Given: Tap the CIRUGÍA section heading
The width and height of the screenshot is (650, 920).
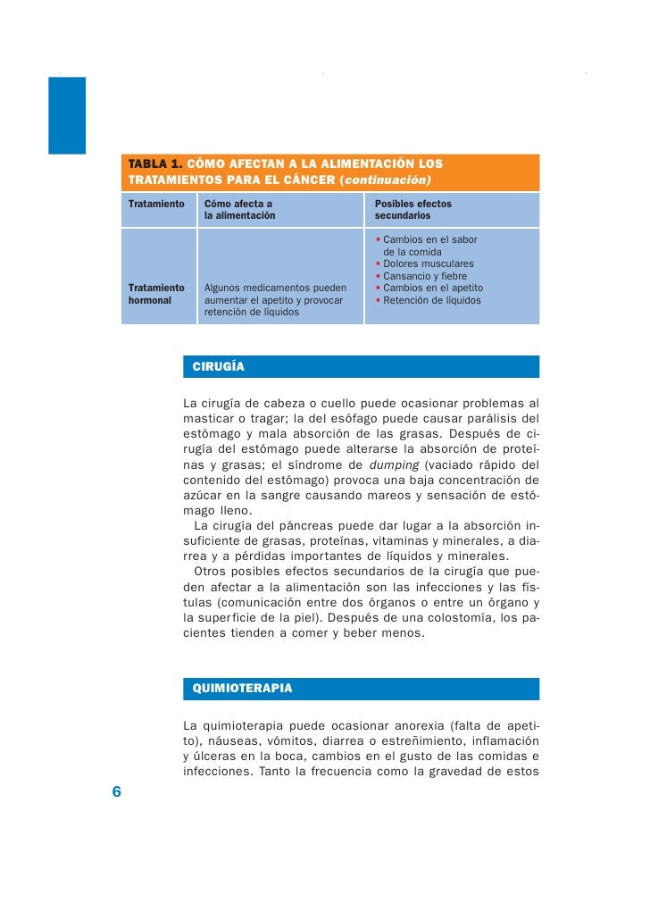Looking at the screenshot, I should (x=218, y=367).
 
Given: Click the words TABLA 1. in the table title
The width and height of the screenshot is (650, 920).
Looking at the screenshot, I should (x=156, y=164).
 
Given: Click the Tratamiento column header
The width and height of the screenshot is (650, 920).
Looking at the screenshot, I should (x=156, y=204).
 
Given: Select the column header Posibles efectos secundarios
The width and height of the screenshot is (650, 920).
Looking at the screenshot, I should (x=412, y=210).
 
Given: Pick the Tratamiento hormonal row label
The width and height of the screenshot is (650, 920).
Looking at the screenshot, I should (x=156, y=294).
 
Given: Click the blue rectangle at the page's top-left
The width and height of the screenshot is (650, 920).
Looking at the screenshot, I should (x=67, y=115).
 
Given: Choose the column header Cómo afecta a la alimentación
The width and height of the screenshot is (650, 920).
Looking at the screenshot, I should (x=240, y=210).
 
